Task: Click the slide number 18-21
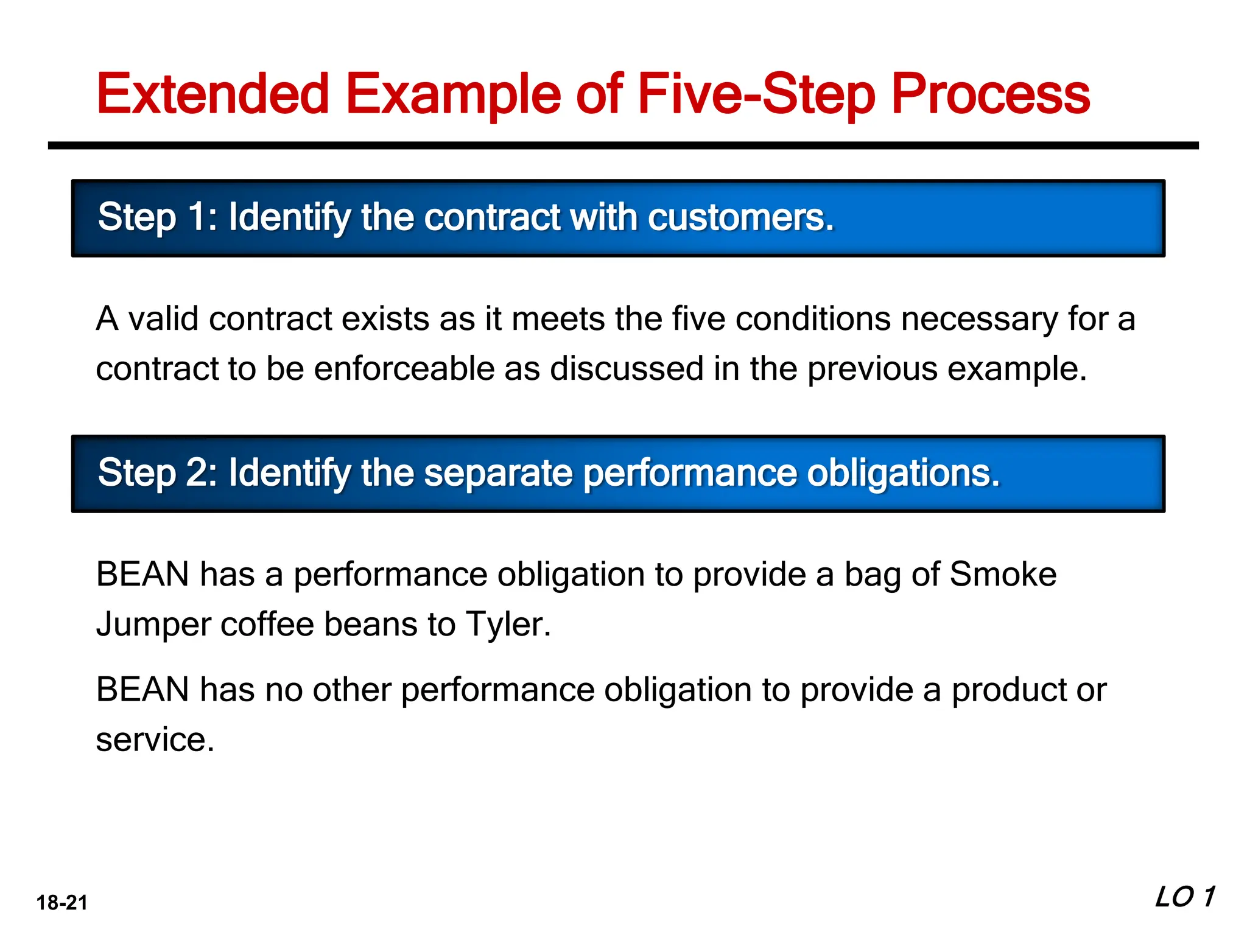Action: click(x=62, y=902)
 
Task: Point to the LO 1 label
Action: click(x=1184, y=897)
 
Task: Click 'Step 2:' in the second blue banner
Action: click(x=157, y=472)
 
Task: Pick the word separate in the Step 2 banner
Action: click(x=498, y=473)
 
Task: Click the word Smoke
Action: click(x=1003, y=574)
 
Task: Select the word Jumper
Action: click(x=153, y=625)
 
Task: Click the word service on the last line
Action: click(x=154, y=740)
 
